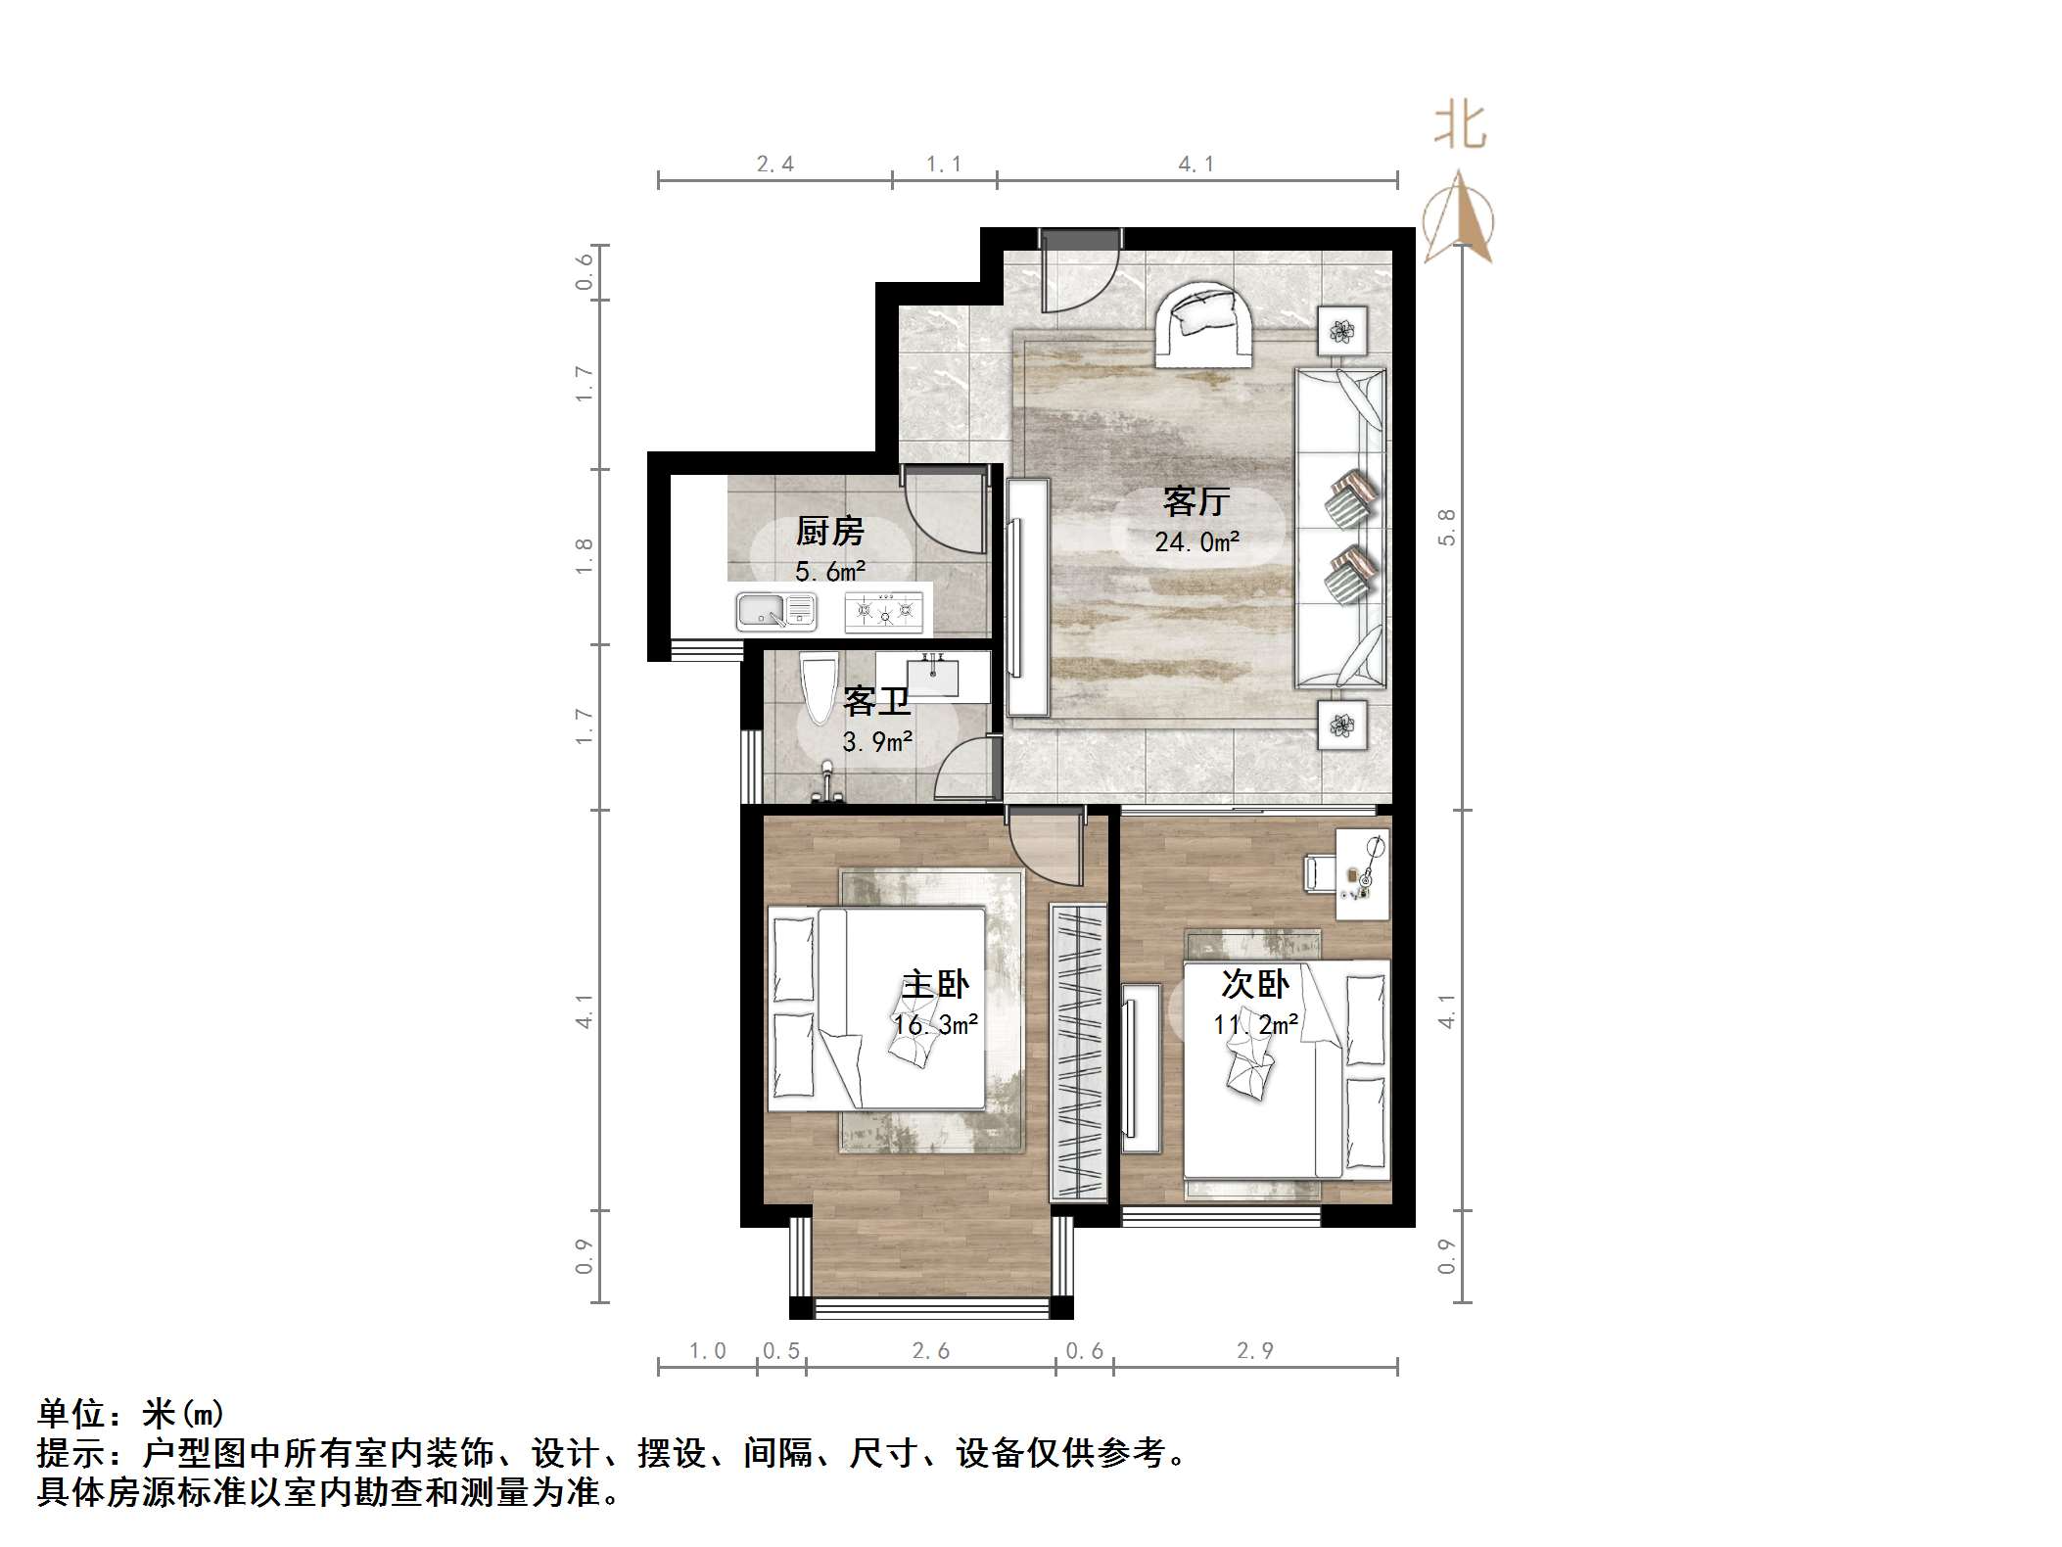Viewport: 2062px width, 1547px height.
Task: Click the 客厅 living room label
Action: pyautogui.click(x=1195, y=501)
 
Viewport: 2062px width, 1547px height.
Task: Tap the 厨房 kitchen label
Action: pyautogui.click(x=829, y=532)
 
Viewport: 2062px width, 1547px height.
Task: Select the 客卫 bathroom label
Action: pyautogui.click(x=875, y=701)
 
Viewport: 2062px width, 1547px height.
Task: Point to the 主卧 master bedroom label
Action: pyautogui.click(x=935, y=983)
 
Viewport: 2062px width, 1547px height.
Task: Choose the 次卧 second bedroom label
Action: pyautogui.click(x=1255, y=983)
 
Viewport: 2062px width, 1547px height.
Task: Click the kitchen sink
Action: pyautogui.click(x=775, y=612)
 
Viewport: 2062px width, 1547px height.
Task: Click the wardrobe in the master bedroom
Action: pyautogui.click(x=1078, y=1053)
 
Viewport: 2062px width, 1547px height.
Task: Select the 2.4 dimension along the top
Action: pyautogui.click(x=774, y=164)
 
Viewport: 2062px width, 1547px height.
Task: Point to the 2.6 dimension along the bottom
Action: pyautogui.click(x=930, y=1351)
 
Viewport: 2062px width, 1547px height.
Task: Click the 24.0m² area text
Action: pyautogui.click(x=1197, y=541)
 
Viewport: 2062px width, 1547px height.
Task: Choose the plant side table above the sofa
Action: pyautogui.click(x=1340, y=331)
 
